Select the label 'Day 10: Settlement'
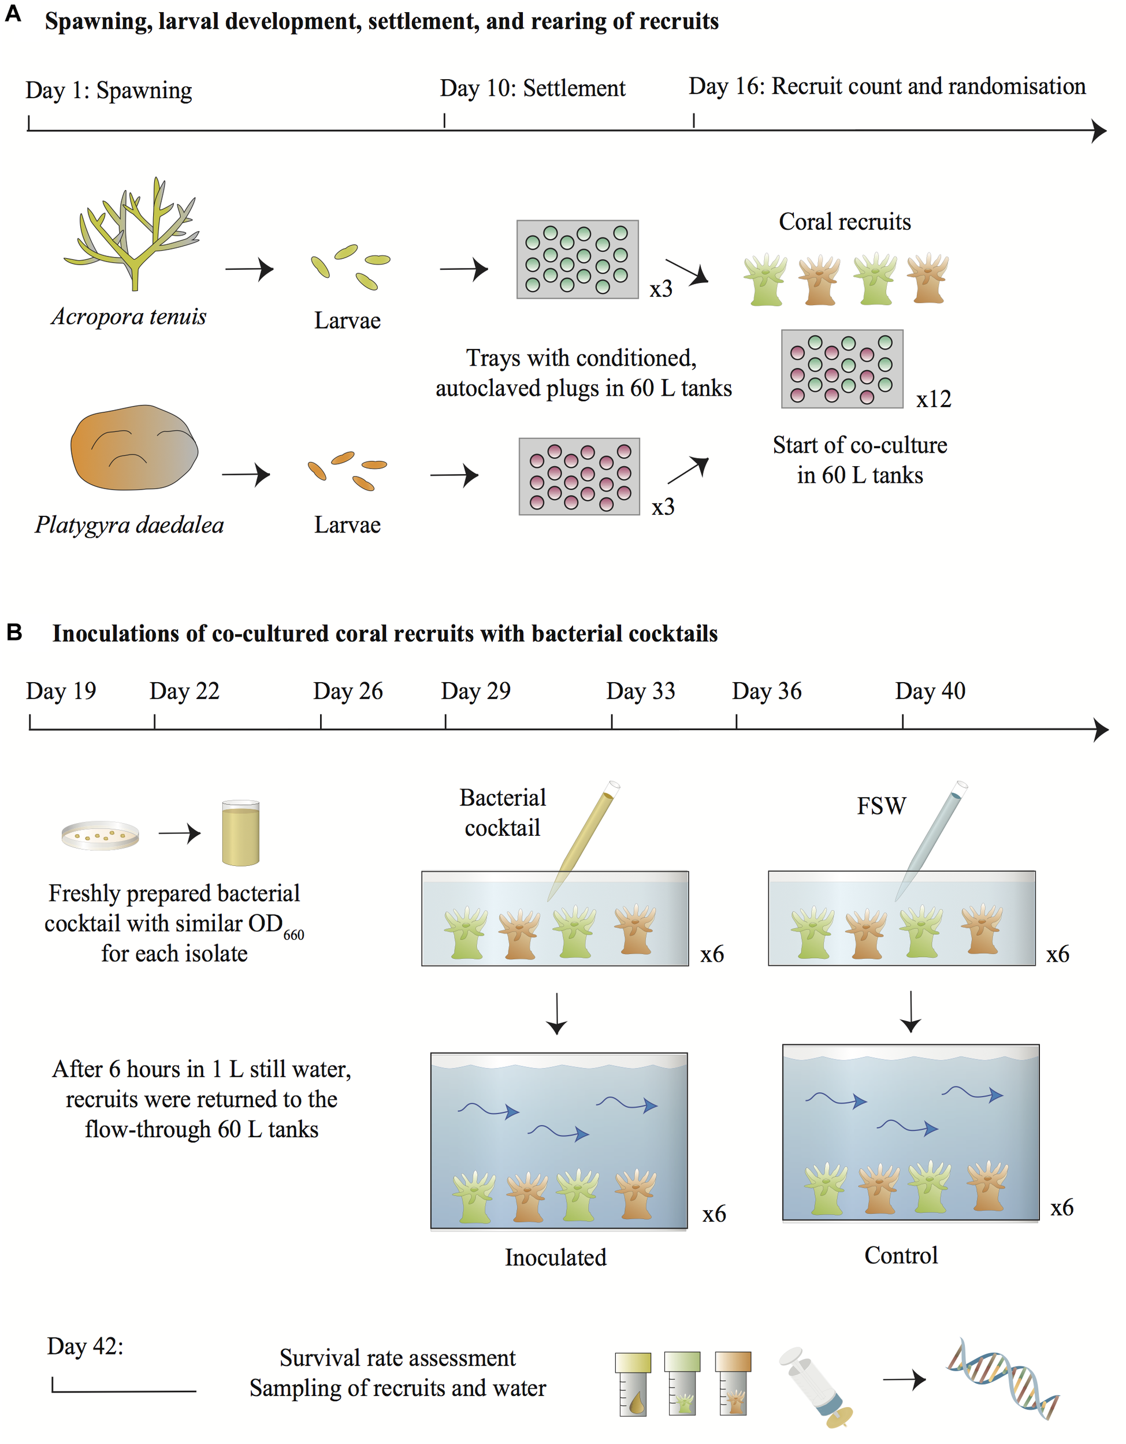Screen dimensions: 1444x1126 click(532, 88)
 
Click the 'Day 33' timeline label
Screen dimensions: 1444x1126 click(640, 691)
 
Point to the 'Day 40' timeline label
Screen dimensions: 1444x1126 click(930, 691)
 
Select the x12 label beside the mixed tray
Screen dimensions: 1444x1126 click(933, 399)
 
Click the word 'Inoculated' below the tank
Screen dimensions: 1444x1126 click(555, 1257)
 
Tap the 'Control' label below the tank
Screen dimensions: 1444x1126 click(901, 1256)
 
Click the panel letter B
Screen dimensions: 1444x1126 click(14, 632)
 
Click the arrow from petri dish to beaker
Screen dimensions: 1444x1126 click(179, 833)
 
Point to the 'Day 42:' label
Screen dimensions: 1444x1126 click(86, 1346)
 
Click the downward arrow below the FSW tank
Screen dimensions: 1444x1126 click(911, 1011)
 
